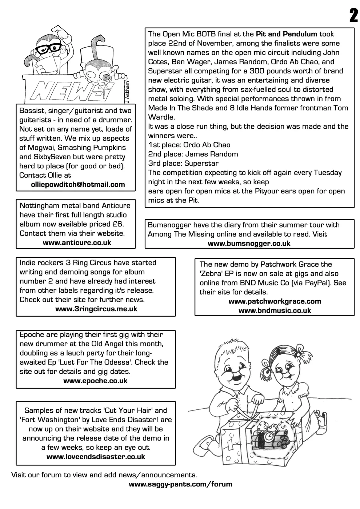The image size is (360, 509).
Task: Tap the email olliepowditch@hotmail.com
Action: (x=78, y=185)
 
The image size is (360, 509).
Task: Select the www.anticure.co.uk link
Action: (x=77, y=243)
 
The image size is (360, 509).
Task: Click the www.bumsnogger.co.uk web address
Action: (x=249, y=244)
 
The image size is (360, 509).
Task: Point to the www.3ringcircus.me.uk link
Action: (x=96, y=309)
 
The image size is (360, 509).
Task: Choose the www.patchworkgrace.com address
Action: (x=275, y=301)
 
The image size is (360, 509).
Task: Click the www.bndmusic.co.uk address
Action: (x=275, y=310)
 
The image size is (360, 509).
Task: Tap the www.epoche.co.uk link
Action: (x=95, y=381)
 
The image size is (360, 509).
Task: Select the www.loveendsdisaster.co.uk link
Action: (x=96, y=457)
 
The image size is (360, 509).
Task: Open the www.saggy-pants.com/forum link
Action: (x=180, y=484)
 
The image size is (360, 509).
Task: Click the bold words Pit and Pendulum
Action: (x=287, y=34)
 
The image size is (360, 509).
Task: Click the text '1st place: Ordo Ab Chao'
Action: (x=189, y=145)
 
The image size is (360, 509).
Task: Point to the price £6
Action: (x=118, y=224)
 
